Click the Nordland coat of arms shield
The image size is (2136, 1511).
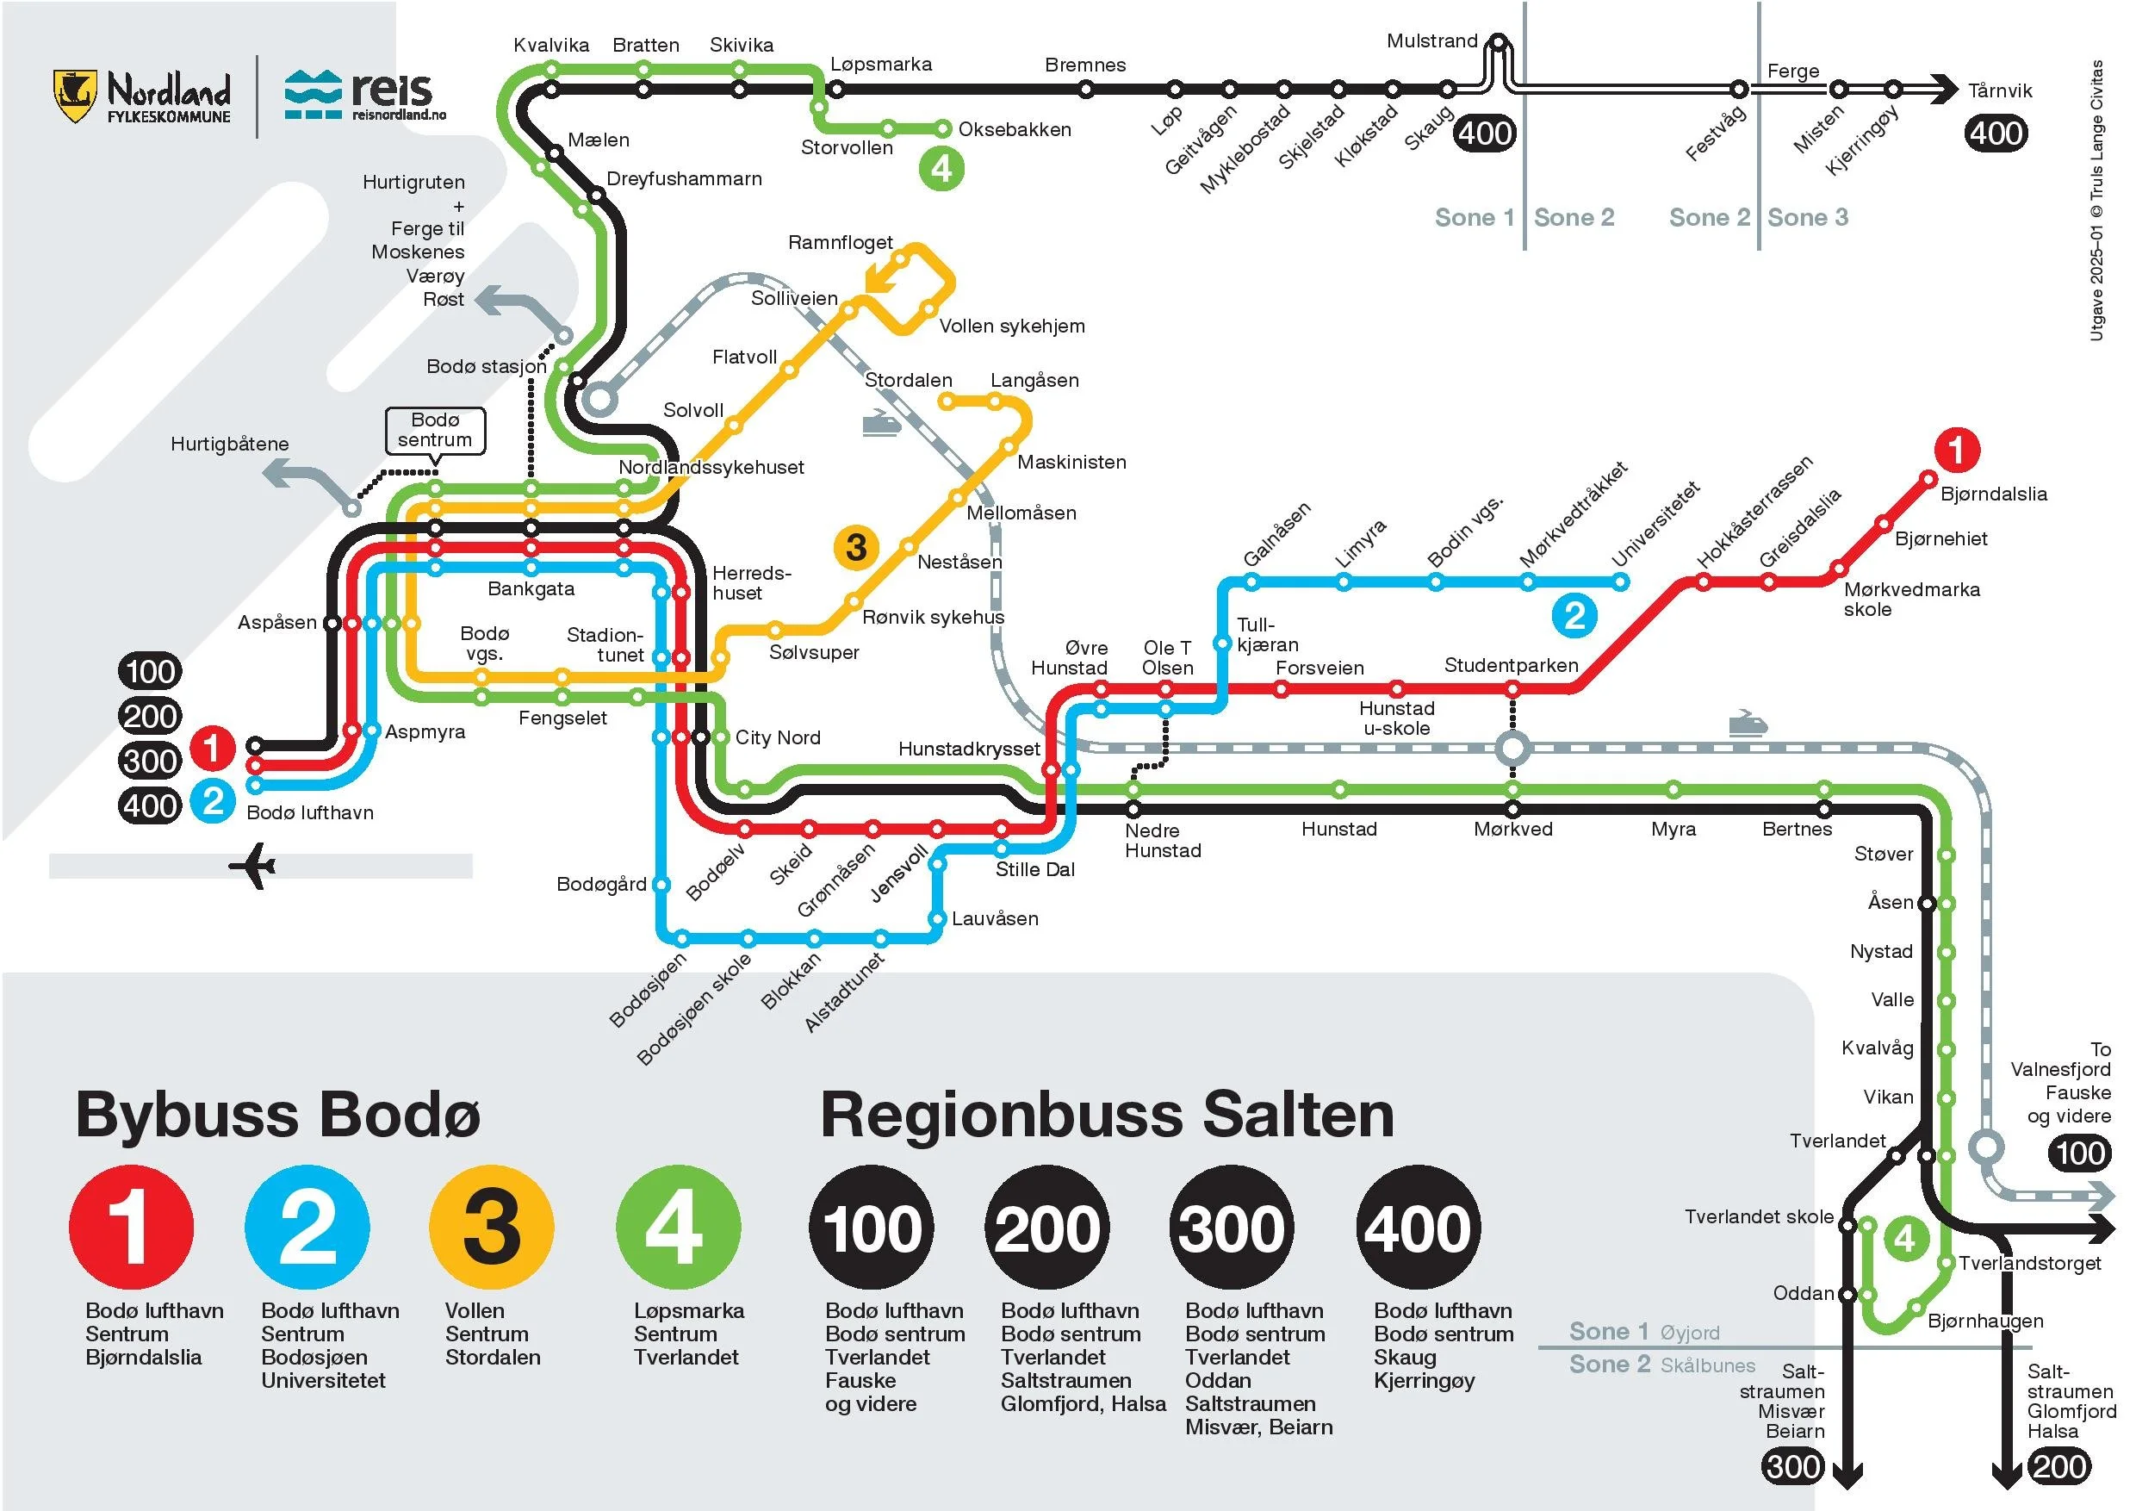coord(74,96)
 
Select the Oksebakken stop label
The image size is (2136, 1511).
coord(1014,129)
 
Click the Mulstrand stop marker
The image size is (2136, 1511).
coord(1498,42)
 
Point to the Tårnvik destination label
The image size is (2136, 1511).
coord(1999,90)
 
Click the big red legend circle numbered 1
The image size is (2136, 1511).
coord(131,1228)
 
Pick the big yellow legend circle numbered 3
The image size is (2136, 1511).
coord(491,1228)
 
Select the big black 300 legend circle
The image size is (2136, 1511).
coord(1231,1228)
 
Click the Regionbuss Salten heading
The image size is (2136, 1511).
coord(1106,1115)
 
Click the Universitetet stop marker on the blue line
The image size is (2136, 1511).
coord(1621,582)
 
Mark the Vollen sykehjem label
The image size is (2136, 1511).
coord(1011,326)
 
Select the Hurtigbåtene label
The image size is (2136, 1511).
coord(229,444)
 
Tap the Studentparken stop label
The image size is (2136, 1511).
coord(1510,665)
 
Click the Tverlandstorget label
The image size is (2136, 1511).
coord(2029,1263)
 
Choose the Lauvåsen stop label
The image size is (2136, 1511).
coord(994,918)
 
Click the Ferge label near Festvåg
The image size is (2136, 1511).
coord(1792,71)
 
